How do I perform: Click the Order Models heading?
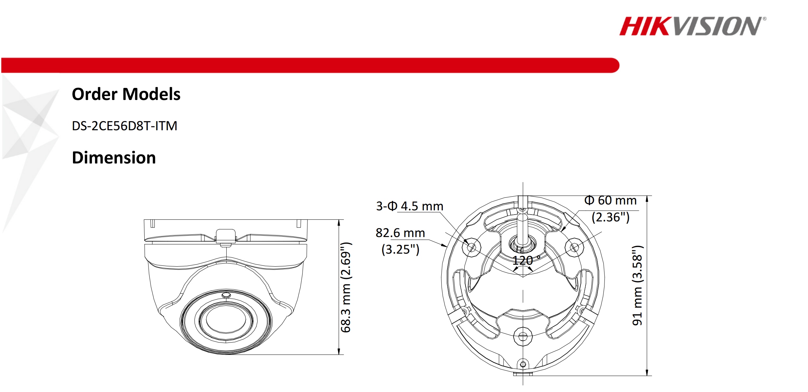click(126, 94)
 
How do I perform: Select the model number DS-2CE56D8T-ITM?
click(124, 126)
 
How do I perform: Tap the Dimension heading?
click(114, 158)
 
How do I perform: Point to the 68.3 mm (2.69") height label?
click(346, 287)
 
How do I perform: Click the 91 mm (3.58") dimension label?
click(637, 286)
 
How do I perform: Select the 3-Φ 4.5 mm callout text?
click(409, 206)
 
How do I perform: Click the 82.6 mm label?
click(400, 233)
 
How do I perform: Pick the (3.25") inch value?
click(400, 249)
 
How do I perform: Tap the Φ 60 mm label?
click(610, 200)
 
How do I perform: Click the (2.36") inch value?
click(610, 217)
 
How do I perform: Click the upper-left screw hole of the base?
click(471, 247)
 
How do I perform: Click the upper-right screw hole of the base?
click(574, 247)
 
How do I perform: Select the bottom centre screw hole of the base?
click(523, 336)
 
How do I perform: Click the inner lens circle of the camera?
click(226, 320)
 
